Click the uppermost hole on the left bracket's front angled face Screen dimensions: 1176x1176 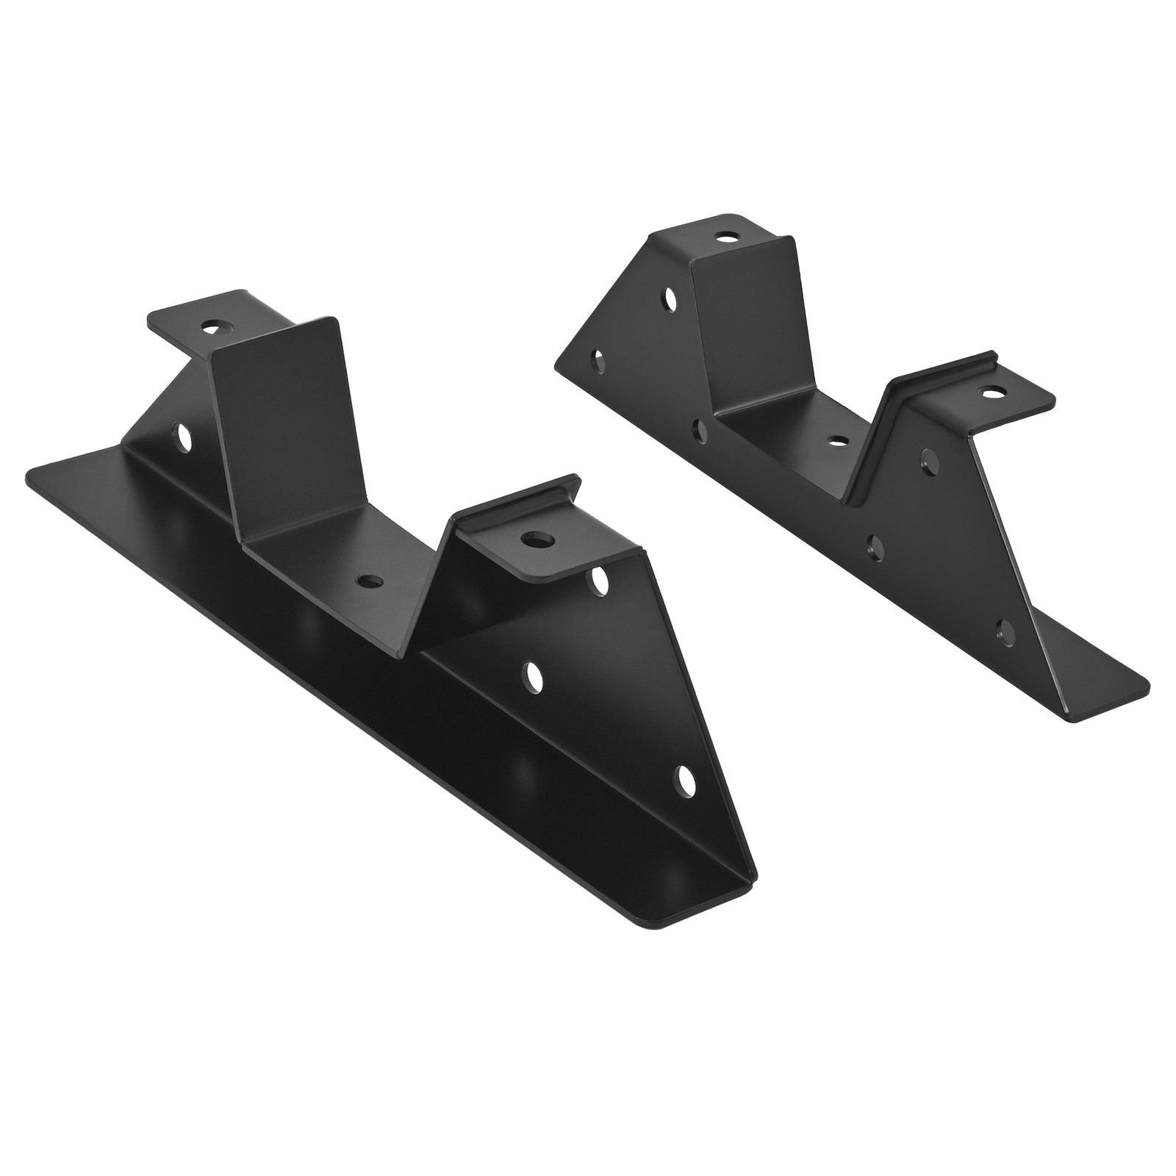tap(601, 579)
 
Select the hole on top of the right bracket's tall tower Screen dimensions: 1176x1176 tap(728, 237)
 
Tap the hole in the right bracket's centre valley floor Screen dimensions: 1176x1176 tap(836, 442)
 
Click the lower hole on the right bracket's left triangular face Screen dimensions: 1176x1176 tap(599, 360)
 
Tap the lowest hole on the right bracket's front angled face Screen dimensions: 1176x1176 tap(1003, 628)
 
